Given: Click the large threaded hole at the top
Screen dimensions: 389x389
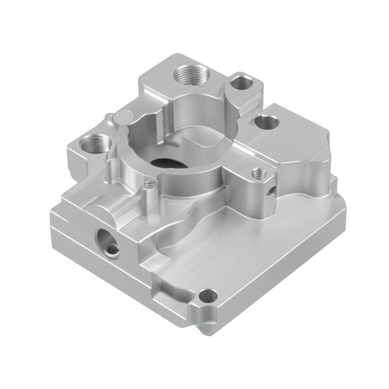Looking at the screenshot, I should tap(191, 75).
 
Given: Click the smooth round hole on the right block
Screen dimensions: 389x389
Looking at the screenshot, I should tap(267, 123).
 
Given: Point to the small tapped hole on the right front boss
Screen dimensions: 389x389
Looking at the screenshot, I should tap(258, 173).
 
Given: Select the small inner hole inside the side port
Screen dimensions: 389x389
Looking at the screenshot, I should tap(113, 250).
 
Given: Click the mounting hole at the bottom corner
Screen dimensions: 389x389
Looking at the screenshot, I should tap(208, 296).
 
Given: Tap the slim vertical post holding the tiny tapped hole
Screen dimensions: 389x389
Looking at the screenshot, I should tap(149, 198).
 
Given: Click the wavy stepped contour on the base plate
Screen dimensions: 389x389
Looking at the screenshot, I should tap(194, 222).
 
